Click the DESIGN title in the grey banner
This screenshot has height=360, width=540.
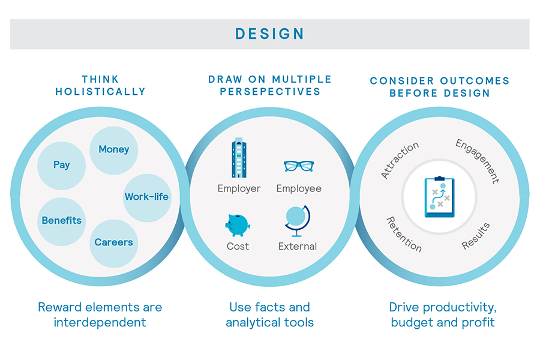(x=269, y=34)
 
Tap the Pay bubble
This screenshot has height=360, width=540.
(x=62, y=166)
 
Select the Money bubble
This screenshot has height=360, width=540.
(x=114, y=151)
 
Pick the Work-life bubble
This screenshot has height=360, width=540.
(x=147, y=198)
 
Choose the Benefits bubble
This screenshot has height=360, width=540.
(x=62, y=221)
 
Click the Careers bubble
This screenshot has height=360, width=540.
(x=114, y=244)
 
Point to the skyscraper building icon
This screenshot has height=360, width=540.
(x=239, y=158)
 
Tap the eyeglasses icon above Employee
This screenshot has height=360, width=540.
(x=299, y=166)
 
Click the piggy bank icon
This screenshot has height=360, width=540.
(x=238, y=225)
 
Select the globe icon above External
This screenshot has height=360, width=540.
(x=298, y=221)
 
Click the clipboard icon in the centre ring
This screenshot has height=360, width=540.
(x=439, y=197)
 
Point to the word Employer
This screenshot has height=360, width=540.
(x=239, y=188)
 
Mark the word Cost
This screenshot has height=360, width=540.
(x=238, y=247)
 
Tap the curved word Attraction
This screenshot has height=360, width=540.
(x=400, y=160)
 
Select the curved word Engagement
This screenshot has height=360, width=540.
(x=478, y=161)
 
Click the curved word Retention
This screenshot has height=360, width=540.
(x=404, y=235)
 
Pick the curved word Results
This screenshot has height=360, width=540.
(x=476, y=236)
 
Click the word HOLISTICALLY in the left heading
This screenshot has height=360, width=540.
(x=100, y=92)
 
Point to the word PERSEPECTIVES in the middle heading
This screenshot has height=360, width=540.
(x=270, y=92)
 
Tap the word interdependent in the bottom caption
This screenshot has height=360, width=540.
(x=100, y=322)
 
